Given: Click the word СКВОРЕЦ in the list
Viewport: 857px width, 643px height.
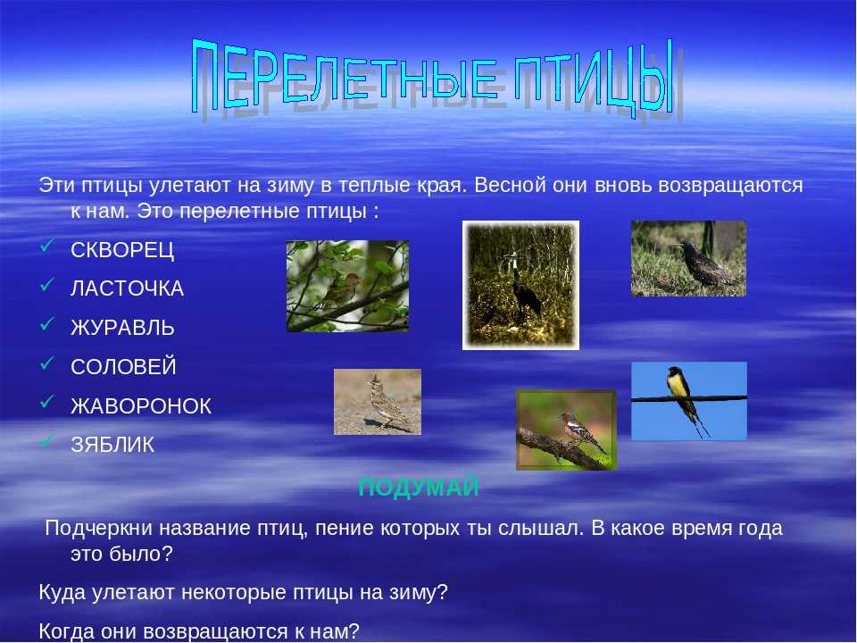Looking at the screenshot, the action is [122, 250].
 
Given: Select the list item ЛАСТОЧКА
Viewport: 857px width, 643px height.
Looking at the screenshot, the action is [128, 288].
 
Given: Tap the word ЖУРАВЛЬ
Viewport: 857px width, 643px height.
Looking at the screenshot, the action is [122, 328].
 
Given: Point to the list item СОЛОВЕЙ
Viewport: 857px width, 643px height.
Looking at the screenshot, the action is [123, 366].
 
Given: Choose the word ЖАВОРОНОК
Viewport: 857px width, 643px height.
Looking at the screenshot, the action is [141, 405].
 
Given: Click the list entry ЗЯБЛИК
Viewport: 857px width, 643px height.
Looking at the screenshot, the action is [112, 445].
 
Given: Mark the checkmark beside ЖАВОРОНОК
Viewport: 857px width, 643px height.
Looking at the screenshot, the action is [47, 401].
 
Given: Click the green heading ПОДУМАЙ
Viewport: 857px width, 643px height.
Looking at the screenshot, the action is [419, 487].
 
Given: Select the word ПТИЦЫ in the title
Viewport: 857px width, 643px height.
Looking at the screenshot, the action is [593, 77].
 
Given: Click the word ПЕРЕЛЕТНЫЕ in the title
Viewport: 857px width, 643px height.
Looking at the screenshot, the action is [345, 75].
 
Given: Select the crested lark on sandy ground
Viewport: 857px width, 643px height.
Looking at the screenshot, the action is [386, 403].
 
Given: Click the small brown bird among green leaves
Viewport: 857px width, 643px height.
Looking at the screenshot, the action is [342, 288].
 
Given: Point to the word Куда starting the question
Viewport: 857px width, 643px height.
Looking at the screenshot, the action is [62, 592].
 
